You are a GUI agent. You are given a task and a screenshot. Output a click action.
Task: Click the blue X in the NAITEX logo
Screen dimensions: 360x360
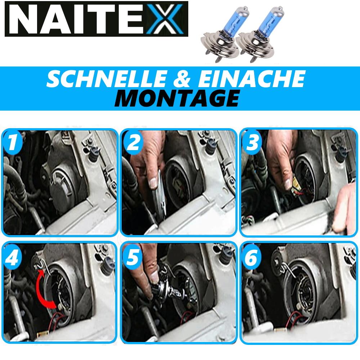(165, 19)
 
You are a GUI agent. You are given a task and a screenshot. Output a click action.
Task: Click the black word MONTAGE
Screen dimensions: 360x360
(177, 98)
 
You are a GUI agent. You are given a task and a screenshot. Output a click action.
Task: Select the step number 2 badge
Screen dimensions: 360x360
(132, 143)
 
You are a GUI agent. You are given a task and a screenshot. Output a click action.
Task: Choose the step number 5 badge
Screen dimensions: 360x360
(132, 256)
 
